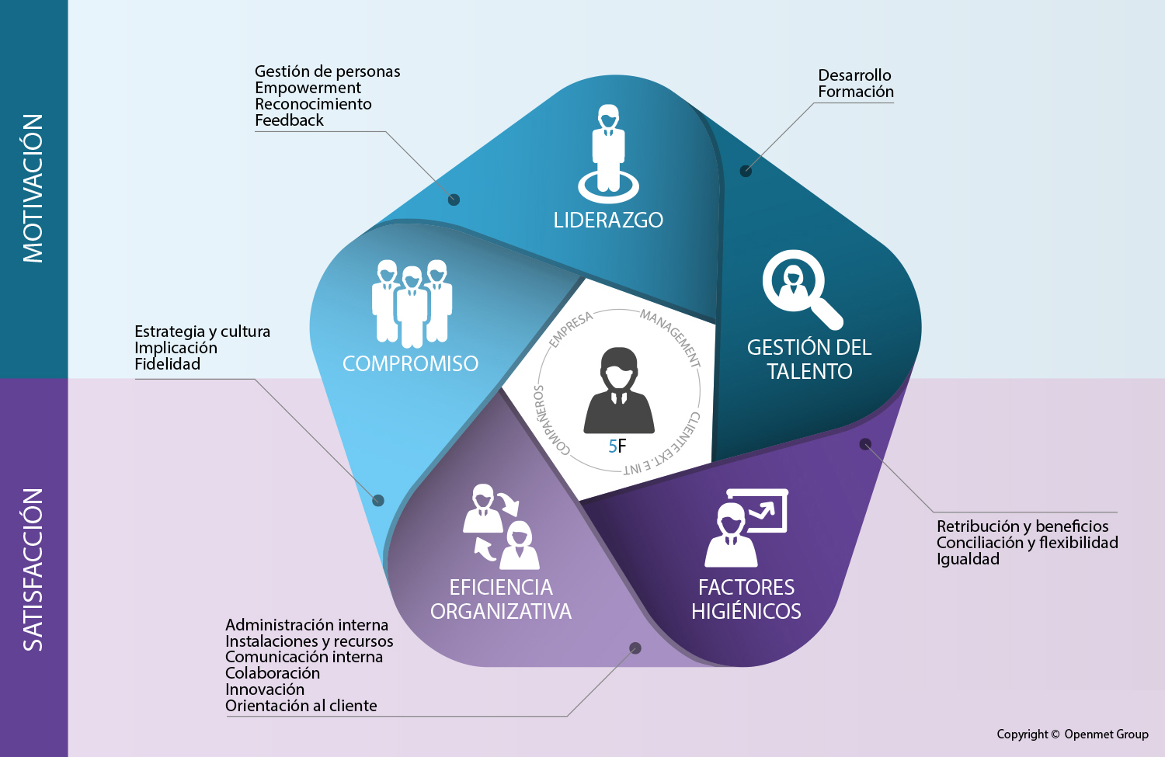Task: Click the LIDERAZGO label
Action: click(x=608, y=221)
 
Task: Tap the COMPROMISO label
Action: click(x=410, y=363)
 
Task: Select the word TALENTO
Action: click(x=809, y=372)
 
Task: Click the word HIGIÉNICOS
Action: click(x=746, y=612)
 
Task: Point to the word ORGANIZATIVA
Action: click(x=501, y=612)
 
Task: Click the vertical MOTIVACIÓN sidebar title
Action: click(x=33, y=189)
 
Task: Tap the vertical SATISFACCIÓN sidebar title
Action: click(x=33, y=569)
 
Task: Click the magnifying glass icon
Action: click(x=800, y=288)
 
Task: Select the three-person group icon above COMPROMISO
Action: click(x=412, y=303)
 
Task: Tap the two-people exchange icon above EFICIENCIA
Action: click(x=500, y=526)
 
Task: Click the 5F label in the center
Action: click(x=617, y=446)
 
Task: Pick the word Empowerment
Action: click(x=308, y=88)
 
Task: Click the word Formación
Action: click(x=855, y=92)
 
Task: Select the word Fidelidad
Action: click(x=167, y=364)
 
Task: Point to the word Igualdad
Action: click(x=968, y=559)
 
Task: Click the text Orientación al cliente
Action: click(x=301, y=706)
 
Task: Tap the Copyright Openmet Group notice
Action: click(x=1072, y=734)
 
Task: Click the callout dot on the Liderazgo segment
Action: click(x=454, y=200)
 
